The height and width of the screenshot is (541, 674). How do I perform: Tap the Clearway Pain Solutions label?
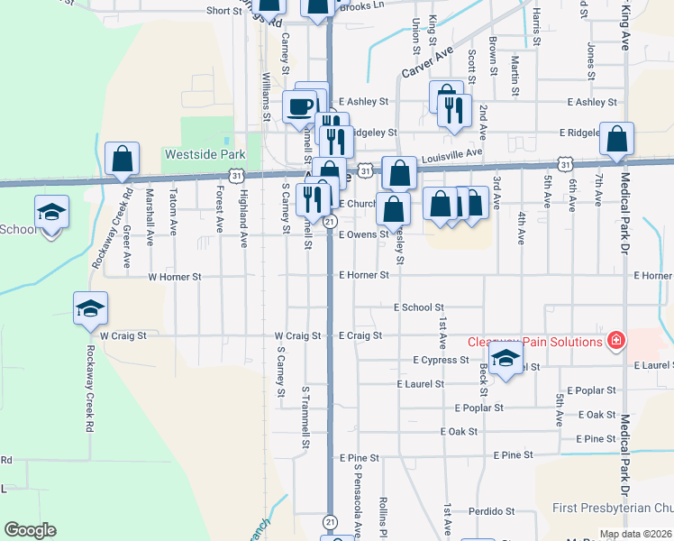(534, 342)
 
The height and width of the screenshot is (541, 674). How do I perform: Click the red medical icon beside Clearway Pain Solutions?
(615, 341)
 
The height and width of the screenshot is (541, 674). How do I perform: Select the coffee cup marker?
(300, 106)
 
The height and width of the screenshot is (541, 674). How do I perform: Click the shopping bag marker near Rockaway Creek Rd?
(122, 159)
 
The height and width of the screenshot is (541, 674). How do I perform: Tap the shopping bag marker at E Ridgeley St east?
(616, 139)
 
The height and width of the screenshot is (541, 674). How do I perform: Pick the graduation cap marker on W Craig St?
(89, 307)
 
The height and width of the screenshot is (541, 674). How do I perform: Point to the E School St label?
(419, 307)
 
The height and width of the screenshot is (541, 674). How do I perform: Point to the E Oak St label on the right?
(600, 414)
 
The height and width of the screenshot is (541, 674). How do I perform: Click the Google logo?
(30, 530)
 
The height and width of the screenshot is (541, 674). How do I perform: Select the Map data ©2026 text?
(634, 534)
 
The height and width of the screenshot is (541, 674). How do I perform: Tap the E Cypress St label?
(441, 360)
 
